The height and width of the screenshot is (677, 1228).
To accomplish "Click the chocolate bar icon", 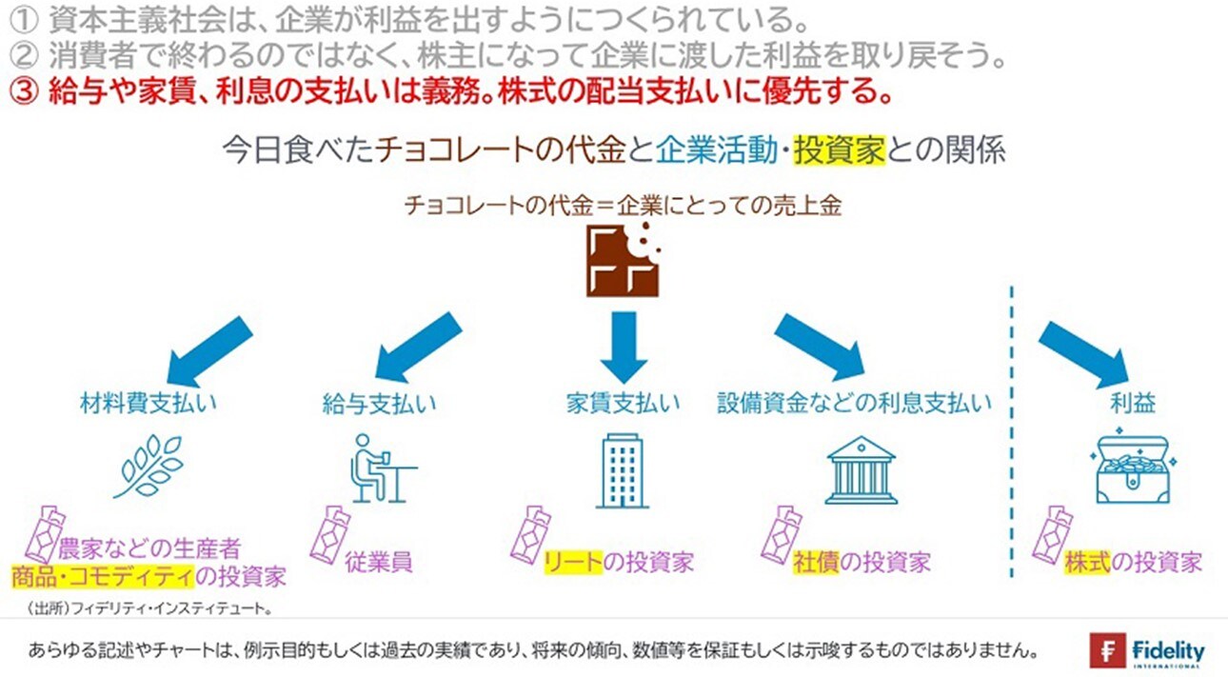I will point(624,261).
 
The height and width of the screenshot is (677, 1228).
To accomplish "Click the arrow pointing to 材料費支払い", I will point(210,348).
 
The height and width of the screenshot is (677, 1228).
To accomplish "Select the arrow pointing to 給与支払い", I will point(419,348).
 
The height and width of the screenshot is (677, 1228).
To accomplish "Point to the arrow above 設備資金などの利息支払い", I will point(818,345).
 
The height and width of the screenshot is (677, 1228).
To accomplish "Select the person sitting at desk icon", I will point(380,468).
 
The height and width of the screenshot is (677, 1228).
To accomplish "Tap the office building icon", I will point(623,470).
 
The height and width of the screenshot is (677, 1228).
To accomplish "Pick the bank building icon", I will point(861,469).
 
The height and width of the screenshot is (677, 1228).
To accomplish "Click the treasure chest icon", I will point(1132,469).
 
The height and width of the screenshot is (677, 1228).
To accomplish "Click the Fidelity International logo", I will point(1147,651).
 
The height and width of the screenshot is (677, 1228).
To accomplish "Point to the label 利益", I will point(1132,403).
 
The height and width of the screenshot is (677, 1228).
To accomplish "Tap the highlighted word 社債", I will point(810,562).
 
